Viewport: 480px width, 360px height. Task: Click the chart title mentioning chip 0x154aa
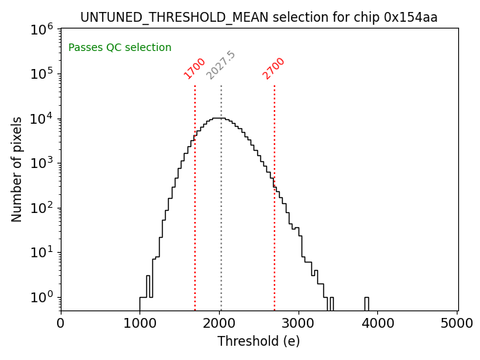tap(259, 17)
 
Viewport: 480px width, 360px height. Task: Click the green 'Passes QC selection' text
tap(120, 48)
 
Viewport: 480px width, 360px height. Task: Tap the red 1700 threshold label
tap(194, 68)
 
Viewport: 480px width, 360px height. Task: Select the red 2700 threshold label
tap(274, 68)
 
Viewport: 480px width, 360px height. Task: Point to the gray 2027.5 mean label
tap(220, 66)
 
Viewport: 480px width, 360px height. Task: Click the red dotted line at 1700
tap(195, 225)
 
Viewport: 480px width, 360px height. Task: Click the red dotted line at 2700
tap(274, 225)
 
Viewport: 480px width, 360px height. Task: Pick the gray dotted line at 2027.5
tap(221, 225)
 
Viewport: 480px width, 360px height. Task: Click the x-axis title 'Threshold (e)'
tap(259, 341)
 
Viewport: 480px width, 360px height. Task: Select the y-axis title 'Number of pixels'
tap(17, 169)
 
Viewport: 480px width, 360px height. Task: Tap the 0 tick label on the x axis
tap(61, 324)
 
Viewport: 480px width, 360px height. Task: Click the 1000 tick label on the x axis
tap(140, 324)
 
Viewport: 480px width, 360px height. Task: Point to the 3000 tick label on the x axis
tap(299, 324)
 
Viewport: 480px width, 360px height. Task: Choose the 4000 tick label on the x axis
tap(379, 324)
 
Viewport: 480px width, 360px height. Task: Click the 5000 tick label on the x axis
tap(457, 324)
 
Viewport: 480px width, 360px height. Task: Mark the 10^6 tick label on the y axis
tap(41, 29)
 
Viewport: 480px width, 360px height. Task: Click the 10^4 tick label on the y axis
tap(41, 118)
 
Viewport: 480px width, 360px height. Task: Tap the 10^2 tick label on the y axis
tap(41, 208)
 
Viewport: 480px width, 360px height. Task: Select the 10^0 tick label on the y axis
tap(41, 297)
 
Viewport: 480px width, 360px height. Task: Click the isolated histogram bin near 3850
tap(367, 303)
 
